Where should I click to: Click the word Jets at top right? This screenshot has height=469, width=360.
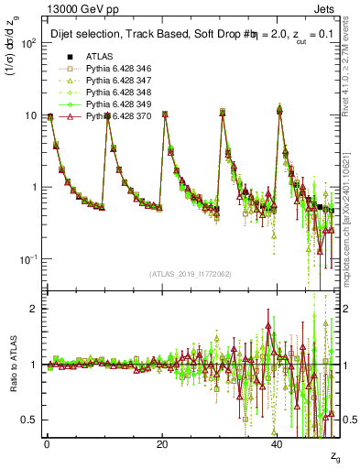pos(326,7)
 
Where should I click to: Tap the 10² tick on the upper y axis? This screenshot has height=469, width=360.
pos(29,44)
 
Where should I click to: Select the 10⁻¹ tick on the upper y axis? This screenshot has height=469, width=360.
pos(29,259)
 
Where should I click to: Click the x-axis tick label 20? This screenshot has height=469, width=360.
pos(162,445)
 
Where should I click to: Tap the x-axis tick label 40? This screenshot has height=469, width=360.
pos(278,445)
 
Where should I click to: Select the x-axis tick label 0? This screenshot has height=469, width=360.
pos(47,445)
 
